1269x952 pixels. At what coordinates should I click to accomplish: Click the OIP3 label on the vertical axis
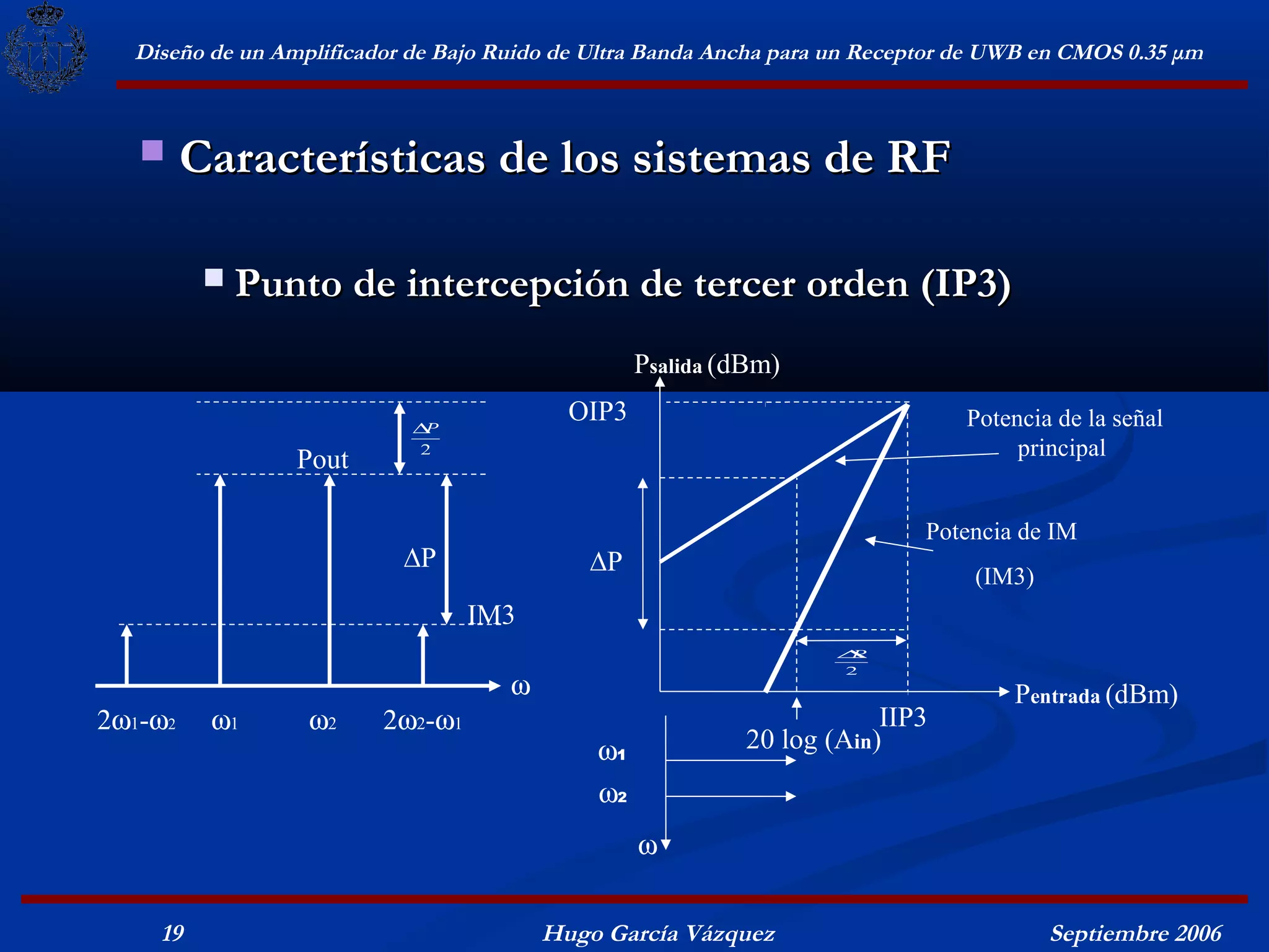(x=597, y=412)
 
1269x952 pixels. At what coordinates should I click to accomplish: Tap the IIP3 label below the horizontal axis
(x=902, y=718)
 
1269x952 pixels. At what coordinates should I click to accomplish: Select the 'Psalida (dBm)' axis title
(x=706, y=364)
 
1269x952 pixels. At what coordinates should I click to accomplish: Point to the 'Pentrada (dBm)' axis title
(x=1096, y=695)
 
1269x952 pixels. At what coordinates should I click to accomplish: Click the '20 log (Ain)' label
(x=813, y=740)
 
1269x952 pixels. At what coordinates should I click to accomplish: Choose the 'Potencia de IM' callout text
(x=1001, y=532)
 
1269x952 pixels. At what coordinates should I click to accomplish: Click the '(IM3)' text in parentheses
(x=1004, y=577)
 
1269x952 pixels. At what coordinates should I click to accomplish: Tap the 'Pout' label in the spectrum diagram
(x=322, y=460)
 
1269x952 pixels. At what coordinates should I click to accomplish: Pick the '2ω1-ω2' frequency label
(x=136, y=721)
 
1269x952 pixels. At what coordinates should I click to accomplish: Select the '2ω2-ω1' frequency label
(x=423, y=721)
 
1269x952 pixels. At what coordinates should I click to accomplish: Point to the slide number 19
(x=173, y=933)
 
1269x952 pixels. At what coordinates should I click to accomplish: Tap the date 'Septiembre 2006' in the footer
(x=1135, y=933)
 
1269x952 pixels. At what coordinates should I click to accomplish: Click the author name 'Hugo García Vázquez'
(x=659, y=933)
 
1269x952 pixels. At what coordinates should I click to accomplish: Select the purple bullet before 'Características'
(x=152, y=151)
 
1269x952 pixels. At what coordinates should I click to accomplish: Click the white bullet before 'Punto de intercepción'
(x=214, y=277)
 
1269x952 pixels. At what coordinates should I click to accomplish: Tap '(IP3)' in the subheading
(x=965, y=284)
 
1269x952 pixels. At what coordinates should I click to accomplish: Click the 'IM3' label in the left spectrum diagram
(x=491, y=615)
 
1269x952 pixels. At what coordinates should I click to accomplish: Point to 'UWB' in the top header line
(x=995, y=53)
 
